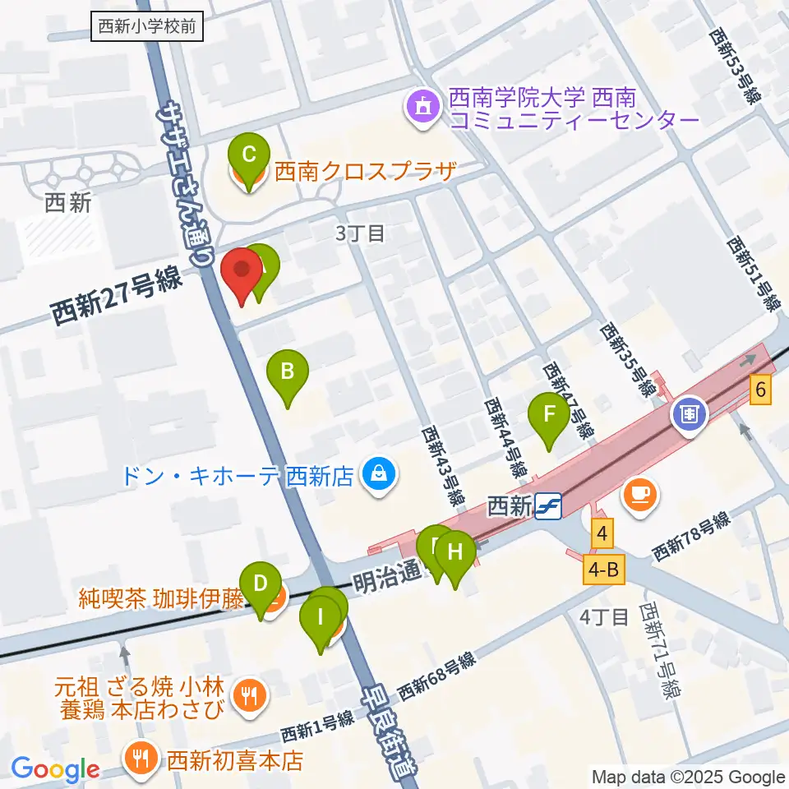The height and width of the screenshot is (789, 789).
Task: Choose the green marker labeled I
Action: coord(321,618)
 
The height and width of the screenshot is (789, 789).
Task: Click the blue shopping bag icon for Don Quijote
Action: coord(379,475)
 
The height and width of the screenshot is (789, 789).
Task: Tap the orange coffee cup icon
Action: coord(640,495)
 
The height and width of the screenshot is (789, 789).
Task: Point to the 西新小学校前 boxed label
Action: coord(146,26)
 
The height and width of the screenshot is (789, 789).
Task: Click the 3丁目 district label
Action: coord(359,233)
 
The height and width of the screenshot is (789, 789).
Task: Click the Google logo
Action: coord(55,769)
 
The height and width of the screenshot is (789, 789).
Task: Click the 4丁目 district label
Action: coord(603,616)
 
